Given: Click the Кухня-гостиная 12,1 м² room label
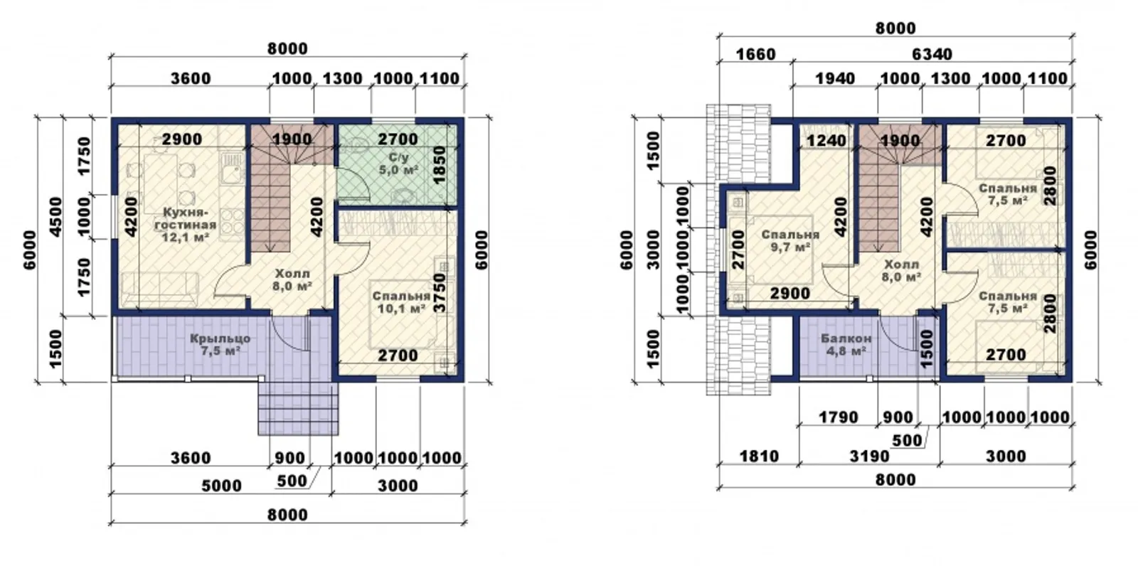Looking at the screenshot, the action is coord(186,224).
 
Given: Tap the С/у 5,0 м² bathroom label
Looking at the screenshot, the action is coord(398,164).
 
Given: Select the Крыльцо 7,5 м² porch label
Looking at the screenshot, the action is coord(220,344).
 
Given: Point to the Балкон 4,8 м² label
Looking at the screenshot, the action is coord(846,344).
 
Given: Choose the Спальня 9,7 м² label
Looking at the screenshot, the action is coord(790,241).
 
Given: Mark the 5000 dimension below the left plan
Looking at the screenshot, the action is coord(221,486).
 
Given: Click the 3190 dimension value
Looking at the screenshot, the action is coord(870,456).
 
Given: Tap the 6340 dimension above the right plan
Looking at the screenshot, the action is coord(932,54).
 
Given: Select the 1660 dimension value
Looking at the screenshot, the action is coord(755,54).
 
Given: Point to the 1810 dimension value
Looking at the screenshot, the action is coord(759,456).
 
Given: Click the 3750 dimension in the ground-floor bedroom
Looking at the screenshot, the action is coord(440,293).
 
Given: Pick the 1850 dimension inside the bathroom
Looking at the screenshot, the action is coord(440,165).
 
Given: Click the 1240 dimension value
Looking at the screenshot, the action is coord(826,140).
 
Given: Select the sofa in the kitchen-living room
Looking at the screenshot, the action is coord(160,289).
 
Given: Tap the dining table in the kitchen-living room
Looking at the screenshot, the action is coord(161,183).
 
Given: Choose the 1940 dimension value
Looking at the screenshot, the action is coord(835,79).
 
